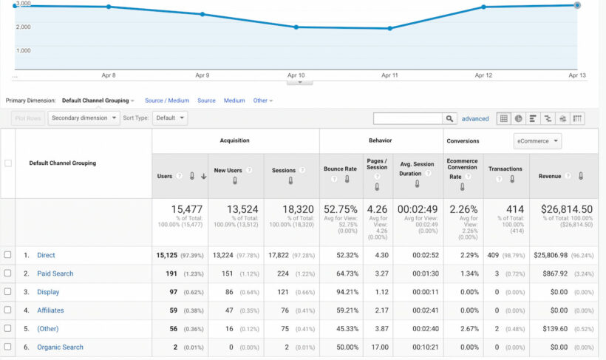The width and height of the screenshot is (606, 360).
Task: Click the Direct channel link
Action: click(46, 255)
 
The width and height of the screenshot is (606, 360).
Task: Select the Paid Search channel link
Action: click(55, 274)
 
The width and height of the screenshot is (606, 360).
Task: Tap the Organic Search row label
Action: click(60, 347)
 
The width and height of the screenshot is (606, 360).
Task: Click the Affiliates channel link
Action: click(51, 310)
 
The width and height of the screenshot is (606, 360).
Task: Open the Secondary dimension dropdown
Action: click(84, 118)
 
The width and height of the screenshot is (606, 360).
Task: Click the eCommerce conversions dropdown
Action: click(537, 140)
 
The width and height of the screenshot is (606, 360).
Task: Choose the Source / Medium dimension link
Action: click(167, 101)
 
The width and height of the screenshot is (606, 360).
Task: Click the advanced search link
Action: click(475, 118)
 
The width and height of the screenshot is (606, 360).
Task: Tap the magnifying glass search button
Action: click(449, 118)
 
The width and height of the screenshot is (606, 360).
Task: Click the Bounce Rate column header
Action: click(340, 169)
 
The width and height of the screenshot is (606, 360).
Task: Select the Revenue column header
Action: click(550, 176)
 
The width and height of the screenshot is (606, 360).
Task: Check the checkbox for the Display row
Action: click(8, 292)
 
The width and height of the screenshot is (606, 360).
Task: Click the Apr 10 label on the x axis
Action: click(296, 75)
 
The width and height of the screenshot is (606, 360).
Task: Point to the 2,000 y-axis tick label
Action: click(23, 27)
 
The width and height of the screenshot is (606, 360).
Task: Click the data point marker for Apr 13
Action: click(577, 5)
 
